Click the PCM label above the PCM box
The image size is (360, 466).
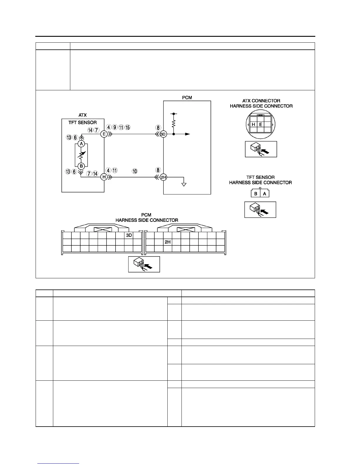[187, 98]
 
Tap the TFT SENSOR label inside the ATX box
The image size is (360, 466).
[83, 122]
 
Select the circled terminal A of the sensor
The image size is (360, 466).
[81, 144]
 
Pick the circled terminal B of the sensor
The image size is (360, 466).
[81, 166]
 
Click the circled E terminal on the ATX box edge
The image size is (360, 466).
[104, 134]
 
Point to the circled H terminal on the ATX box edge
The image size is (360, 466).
[104, 177]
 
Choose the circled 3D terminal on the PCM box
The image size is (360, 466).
[163, 134]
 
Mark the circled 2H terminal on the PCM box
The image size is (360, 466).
[163, 177]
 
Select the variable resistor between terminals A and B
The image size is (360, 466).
[81, 155]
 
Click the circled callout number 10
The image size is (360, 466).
[135, 171]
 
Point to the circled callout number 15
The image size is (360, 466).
[127, 127]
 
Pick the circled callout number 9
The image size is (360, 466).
[115, 127]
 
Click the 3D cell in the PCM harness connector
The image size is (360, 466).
[129, 235]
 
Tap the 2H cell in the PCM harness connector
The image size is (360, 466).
[168, 242]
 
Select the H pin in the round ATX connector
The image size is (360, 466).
[254, 124]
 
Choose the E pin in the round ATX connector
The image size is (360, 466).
[261, 124]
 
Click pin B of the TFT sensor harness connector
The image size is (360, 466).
[256, 194]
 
